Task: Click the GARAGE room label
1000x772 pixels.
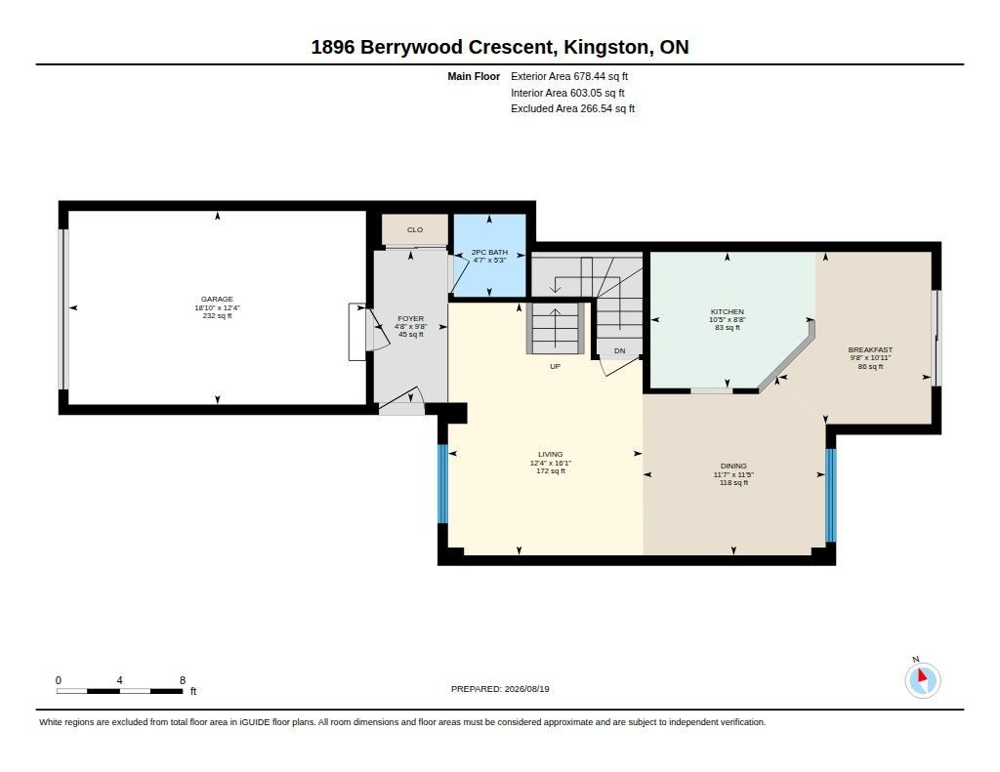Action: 217,299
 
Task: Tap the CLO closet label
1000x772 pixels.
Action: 414,230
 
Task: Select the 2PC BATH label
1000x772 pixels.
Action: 489,253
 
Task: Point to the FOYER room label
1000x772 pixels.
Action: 411,319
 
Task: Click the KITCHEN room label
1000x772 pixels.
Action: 727,311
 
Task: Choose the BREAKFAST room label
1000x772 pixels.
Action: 870,350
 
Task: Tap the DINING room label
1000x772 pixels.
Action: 733,466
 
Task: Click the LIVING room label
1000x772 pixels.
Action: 551,455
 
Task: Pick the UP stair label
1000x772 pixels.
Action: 555,367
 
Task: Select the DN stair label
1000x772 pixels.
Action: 619,350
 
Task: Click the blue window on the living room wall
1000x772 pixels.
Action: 442,484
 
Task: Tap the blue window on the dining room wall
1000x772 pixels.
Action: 830,496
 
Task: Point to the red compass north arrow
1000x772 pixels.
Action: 922,675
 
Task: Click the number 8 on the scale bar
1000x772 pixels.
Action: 183,680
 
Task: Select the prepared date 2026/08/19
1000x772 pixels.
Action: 526,689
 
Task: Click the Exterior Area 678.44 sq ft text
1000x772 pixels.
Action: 569,76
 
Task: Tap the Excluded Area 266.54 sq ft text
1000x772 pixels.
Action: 572,109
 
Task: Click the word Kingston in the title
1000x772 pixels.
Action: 605,48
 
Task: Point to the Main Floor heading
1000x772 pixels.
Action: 474,76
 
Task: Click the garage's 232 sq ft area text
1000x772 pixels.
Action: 217,315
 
